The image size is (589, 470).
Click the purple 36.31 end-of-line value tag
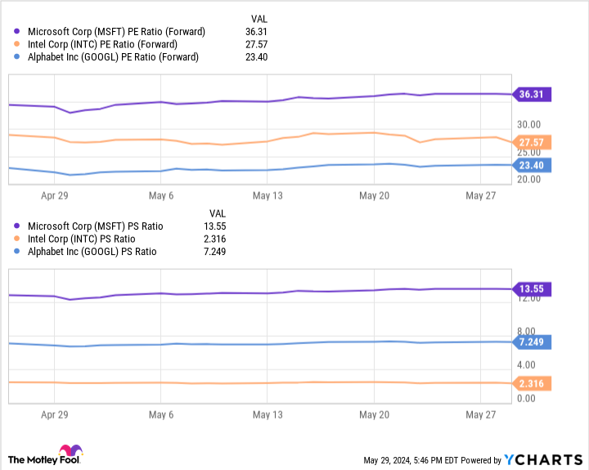[532, 94]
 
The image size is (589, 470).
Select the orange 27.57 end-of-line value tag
[532, 142]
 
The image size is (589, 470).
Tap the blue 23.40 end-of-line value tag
[532, 165]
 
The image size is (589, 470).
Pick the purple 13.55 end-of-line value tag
[532, 289]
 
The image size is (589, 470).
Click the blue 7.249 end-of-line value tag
[532, 342]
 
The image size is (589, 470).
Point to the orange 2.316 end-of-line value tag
[532, 383]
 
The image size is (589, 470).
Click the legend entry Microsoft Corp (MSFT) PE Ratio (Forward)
[115, 32]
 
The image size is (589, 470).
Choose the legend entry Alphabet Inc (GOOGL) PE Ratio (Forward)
[113, 56]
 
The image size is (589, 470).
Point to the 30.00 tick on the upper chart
[530, 123]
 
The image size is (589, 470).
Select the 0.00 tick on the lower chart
[527, 398]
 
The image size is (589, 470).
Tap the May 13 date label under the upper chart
[267, 196]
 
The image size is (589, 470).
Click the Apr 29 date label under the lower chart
[55, 414]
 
